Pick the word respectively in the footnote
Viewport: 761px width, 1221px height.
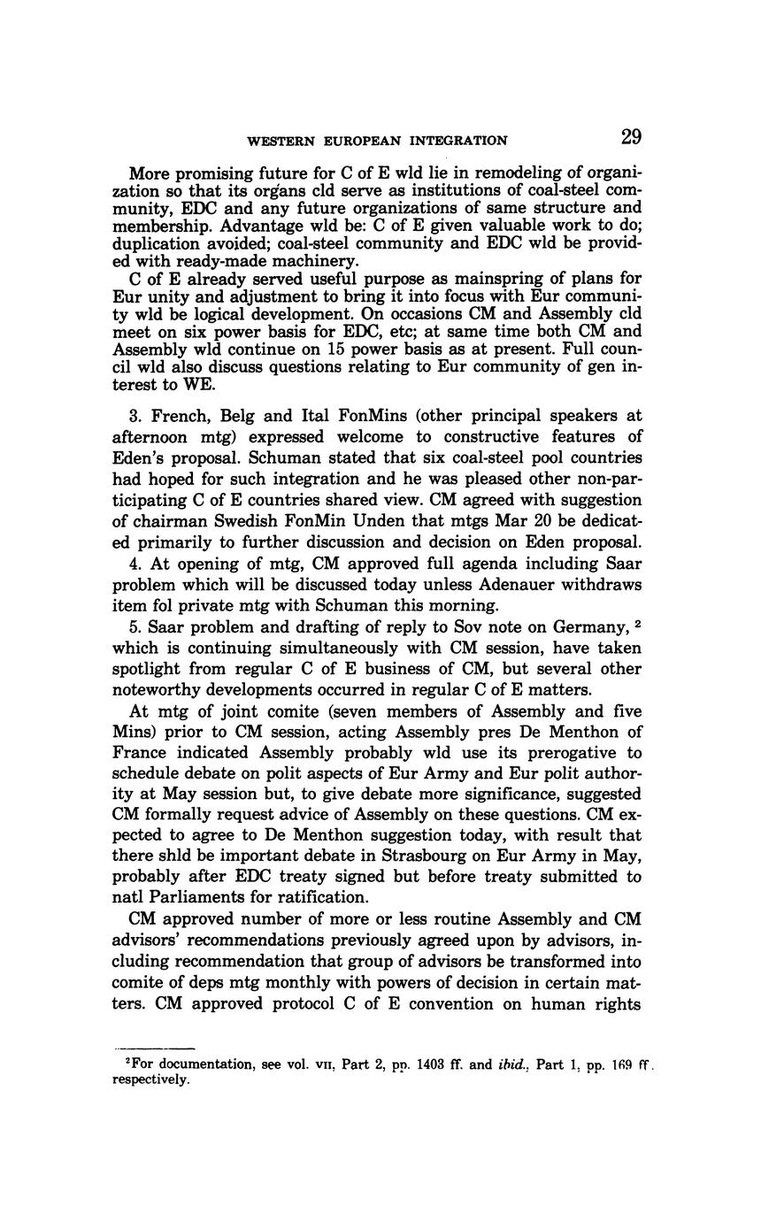point(150,1080)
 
